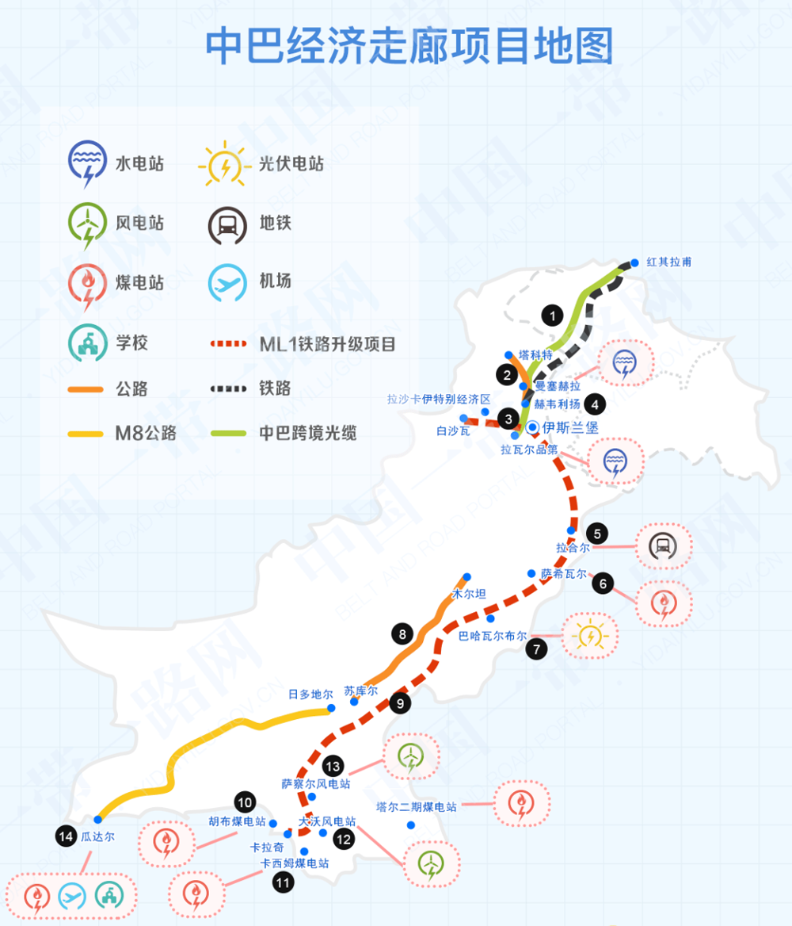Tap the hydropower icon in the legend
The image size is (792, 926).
tap(86, 163)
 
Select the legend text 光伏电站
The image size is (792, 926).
tap(291, 165)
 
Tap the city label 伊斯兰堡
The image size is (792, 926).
tap(570, 427)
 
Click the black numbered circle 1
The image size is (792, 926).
tap(552, 315)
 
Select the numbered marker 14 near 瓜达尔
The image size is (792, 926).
tap(65, 836)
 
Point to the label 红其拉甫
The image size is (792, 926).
tap(669, 262)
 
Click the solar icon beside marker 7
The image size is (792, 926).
tap(589, 636)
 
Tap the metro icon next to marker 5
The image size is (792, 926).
tap(663, 545)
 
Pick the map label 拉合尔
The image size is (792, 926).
tap(573, 547)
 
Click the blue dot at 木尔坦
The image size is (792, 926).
tap(467, 576)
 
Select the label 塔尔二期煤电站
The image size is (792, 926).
tap(417, 807)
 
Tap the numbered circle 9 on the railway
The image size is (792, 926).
tap(401, 702)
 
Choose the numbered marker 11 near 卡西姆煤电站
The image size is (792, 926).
tap(283, 882)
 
